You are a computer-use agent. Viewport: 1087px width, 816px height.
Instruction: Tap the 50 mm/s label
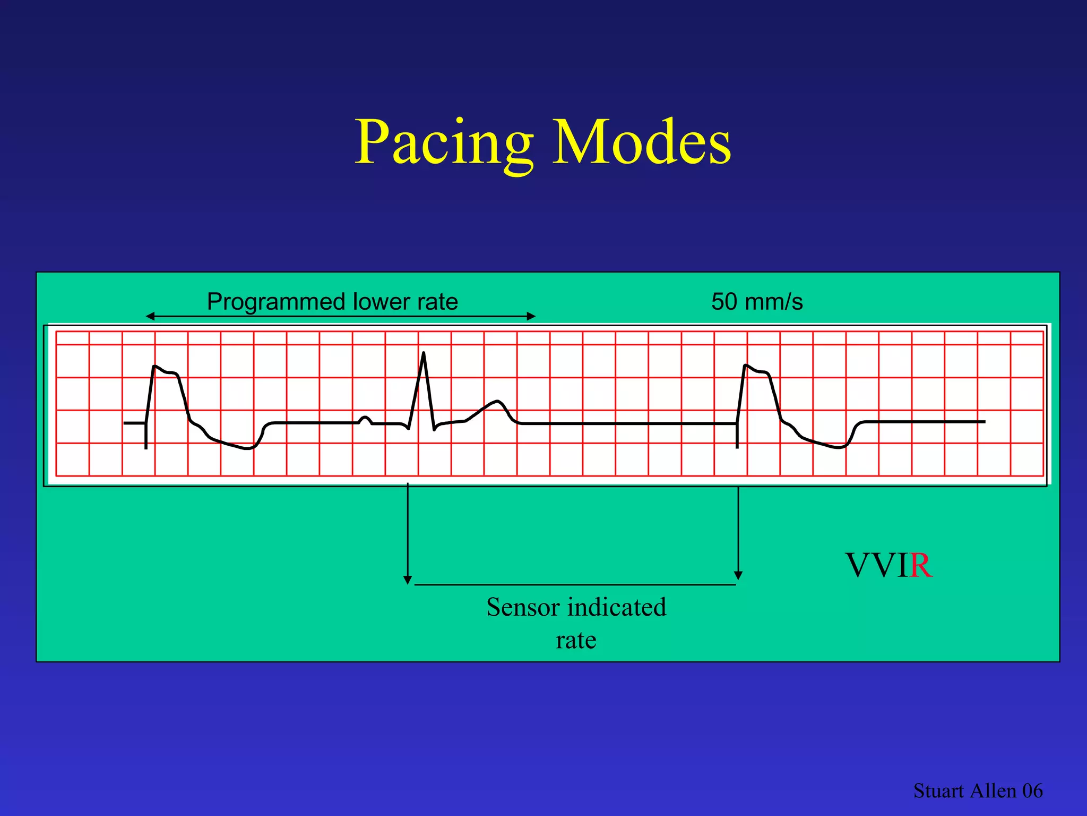click(757, 302)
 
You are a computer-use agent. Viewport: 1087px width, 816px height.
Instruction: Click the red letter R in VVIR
click(921, 565)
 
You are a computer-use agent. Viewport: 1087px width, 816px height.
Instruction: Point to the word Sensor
click(523, 607)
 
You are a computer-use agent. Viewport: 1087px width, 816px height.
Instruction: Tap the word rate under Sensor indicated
click(576, 640)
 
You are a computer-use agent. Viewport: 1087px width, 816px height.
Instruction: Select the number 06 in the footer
click(1032, 791)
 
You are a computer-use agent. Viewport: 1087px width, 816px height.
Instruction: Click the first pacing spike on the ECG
click(146, 436)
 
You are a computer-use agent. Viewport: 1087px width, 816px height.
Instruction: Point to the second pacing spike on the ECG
click(737, 436)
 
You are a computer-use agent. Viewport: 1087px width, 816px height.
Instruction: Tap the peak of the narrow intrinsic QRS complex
click(424, 353)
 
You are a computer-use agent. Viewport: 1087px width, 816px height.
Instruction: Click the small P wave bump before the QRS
click(365, 419)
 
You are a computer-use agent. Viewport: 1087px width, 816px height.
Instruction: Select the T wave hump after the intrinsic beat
click(497, 402)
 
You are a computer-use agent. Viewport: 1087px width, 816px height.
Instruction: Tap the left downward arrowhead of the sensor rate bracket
click(408, 580)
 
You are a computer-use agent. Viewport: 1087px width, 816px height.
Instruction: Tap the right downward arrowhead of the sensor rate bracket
click(738, 576)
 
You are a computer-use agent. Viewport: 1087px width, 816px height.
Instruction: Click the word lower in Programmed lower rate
click(374, 302)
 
